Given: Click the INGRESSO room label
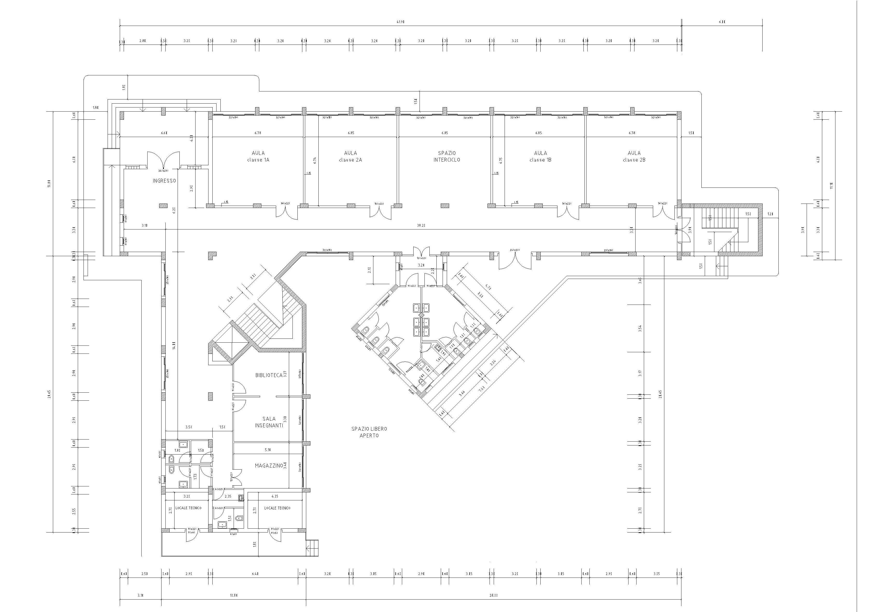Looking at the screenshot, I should pyautogui.click(x=164, y=181).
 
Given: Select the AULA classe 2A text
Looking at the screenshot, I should pyautogui.click(x=350, y=156).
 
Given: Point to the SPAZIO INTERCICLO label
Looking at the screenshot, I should pyautogui.click(x=447, y=156).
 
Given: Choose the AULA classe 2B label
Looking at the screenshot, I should pyautogui.click(x=634, y=156).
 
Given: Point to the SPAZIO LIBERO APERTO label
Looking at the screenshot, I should pyautogui.click(x=369, y=432).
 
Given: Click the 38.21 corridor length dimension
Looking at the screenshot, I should pyautogui.click(x=421, y=226).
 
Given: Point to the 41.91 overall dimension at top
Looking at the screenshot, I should pyautogui.click(x=400, y=22).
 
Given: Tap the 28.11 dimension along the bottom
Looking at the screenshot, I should pyautogui.click(x=493, y=595).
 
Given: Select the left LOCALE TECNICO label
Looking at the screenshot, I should pyautogui.click(x=188, y=508).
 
